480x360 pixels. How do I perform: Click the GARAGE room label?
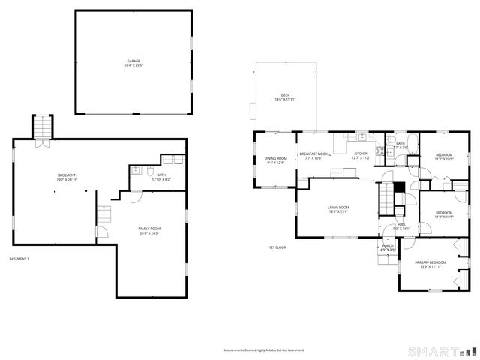pos(133,63)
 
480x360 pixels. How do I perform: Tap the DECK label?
pos(285,97)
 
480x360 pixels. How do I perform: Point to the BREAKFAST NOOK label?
pos(315,155)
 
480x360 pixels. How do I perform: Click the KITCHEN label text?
pos(361,155)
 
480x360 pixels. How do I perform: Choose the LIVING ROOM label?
pos(338,209)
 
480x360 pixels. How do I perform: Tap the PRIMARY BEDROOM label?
pos(430,264)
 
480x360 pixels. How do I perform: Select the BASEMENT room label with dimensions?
pos(66,178)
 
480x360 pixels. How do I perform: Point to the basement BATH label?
pos(161,178)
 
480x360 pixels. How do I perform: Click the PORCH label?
pos(388,247)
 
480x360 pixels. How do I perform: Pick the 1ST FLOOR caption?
pos(277,247)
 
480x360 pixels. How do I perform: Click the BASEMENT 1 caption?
pos(19,259)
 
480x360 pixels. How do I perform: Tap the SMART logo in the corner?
pos(441,350)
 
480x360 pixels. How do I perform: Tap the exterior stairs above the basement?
pos(41,127)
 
